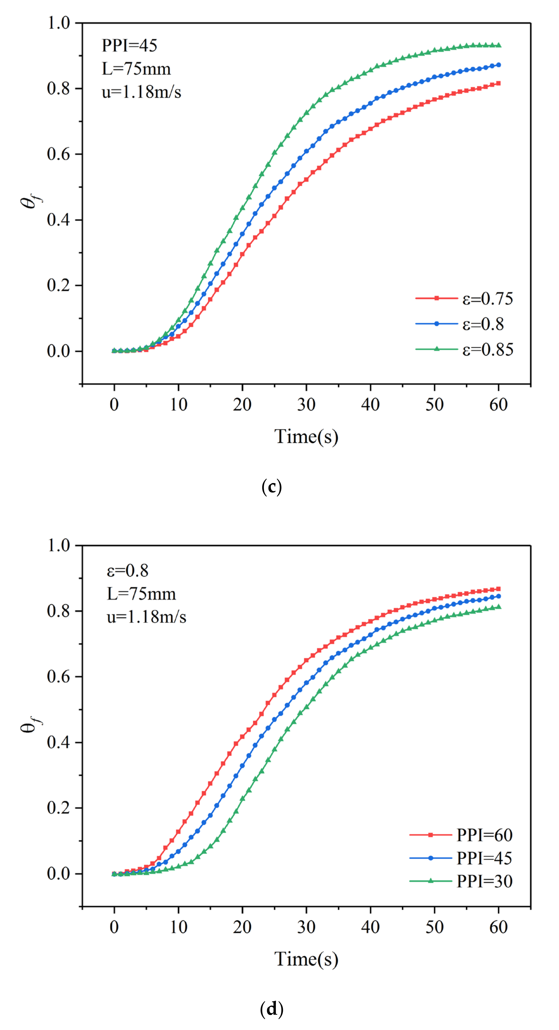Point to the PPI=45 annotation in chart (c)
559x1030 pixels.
pyautogui.click(x=129, y=45)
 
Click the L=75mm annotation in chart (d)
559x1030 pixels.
pyautogui.click(x=141, y=594)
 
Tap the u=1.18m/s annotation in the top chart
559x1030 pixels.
pyautogui.click(x=141, y=92)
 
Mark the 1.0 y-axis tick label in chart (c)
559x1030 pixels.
pyautogui.click(x=58, y=23)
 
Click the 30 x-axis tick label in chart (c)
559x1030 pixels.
pyautogui.click(x=306, y=405)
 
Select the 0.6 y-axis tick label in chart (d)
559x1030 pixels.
pyautogui.click(x=58, y=677)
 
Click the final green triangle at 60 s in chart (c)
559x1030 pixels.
pyautogui.click(x=498, y=45)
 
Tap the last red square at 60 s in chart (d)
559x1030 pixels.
pyautogui.click(x=498, y=589)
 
